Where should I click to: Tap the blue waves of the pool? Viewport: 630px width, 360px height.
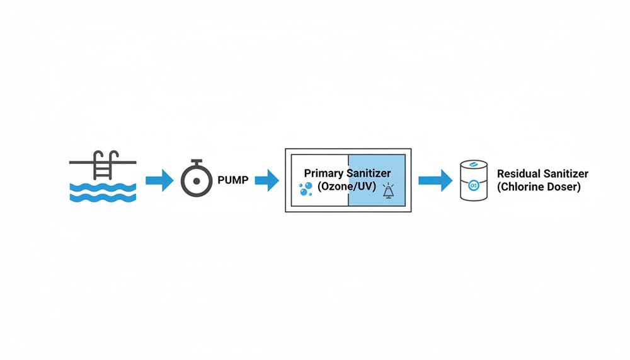(x=102, y=192)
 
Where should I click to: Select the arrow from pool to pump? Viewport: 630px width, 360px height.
(x=159, y=181)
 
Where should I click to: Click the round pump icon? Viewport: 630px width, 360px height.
(x=197, y=180)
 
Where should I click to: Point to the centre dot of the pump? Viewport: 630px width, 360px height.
(x=197, y=180)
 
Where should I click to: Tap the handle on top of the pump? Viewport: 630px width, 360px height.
(x=197, y=161)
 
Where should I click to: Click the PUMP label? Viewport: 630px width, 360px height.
(x=232, y=181)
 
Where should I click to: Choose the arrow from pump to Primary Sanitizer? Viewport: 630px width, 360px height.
(x=266, y=181)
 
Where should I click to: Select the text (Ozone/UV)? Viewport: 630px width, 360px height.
(x=347, y=187)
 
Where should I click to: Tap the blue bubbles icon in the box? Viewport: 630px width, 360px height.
(x=305, y=189)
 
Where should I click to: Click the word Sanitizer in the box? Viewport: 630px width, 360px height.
(x=369, y=173)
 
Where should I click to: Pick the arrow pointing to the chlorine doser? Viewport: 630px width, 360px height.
(x=435, y=180)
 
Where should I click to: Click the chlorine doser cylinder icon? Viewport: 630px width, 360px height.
(x=474, y=181)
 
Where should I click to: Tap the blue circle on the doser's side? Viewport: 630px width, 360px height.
(x=474, y=185)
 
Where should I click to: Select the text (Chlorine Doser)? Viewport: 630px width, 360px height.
(x=539, y=187)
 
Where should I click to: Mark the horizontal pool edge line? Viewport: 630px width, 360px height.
(x=82, y=162)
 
